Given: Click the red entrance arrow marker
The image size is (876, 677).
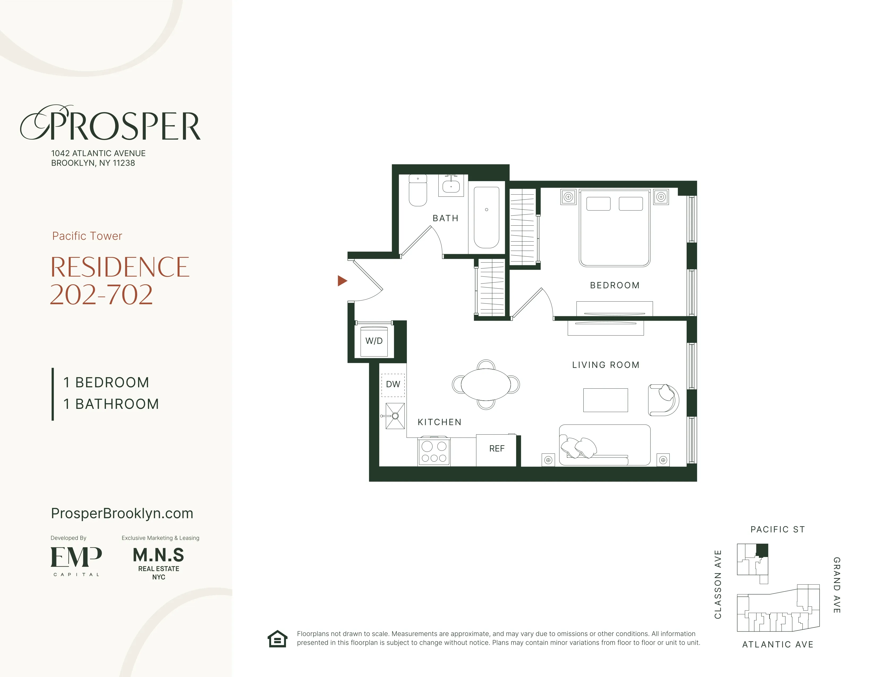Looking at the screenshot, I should (x=342, y=281).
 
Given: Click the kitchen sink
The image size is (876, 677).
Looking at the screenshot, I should (x=395, y=416).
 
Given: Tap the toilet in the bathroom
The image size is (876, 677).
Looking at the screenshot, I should (x=417, y=192).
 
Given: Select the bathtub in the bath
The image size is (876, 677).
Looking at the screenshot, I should (x=486, y=218).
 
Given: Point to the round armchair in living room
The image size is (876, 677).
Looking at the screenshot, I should (x=663, y=400).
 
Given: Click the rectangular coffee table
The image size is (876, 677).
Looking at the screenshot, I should (x=605, y=400).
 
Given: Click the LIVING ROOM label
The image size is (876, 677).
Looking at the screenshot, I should (x=606, y=365).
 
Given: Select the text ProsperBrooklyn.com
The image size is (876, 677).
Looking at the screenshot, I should (x=122, y=514).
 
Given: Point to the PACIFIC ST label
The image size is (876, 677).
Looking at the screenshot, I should (x=777, y=529).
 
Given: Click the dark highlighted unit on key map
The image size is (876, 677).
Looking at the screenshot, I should (x=762, y=550).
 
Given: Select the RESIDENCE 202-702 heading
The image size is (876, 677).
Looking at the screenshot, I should (x=119, y=281).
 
